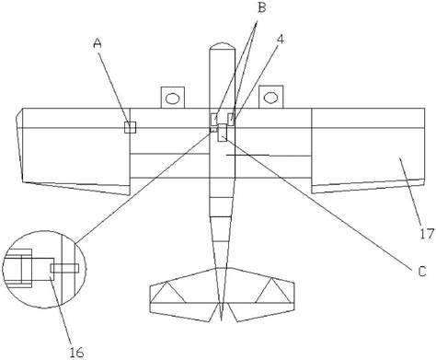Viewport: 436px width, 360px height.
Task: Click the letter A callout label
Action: (x=98, y=43)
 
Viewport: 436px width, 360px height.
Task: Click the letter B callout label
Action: (x=261, y=7)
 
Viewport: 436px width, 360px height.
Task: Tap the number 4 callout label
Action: (x=280, y=40)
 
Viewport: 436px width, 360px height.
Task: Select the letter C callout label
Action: (x=422, y=272)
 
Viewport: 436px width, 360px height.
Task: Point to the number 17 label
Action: (x=427, y=234)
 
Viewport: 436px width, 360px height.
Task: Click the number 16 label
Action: (x=76, y=353)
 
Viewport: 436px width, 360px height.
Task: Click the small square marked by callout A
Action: (x=130, y=127)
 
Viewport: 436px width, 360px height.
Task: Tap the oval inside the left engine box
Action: (x=173, y=99)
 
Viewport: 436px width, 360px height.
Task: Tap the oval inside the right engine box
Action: (x=270, y=99)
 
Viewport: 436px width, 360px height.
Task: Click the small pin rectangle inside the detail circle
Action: (x=64, y=269)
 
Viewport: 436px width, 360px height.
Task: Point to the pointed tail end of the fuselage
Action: (x=221, y=319)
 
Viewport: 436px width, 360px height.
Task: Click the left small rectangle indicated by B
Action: (x=214, y=120)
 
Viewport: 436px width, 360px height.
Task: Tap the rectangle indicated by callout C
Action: (x=223, y=133)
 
